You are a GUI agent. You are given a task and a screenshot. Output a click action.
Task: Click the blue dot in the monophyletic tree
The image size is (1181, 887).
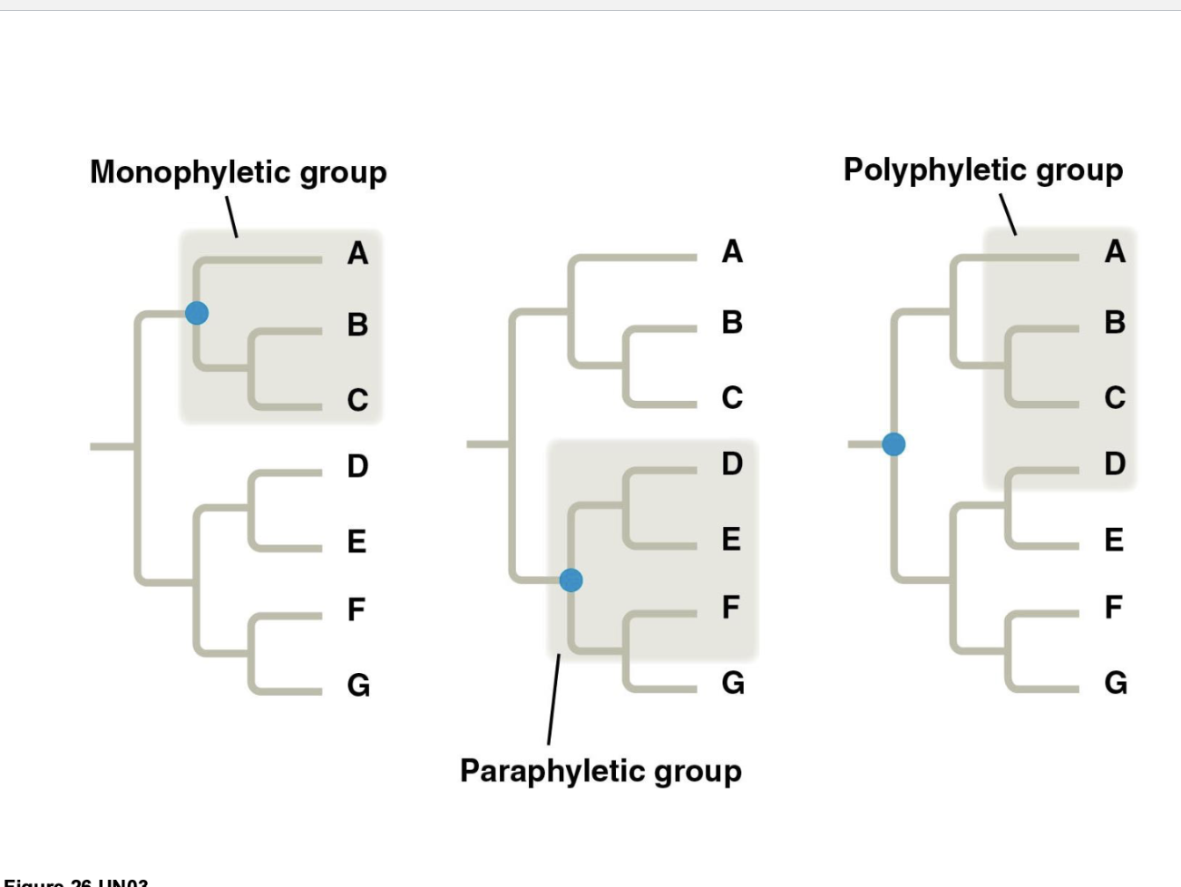tap(197, 313)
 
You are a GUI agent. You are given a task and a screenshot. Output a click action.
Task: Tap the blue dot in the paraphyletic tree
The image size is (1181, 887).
tap(571, 580)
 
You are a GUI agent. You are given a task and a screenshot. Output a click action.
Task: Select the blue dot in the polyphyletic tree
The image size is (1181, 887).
tap(893, 443)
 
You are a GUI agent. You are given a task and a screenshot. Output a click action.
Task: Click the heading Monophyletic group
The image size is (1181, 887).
tap(239, 171)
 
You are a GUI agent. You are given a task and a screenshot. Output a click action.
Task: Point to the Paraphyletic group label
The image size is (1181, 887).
tap(600, 771)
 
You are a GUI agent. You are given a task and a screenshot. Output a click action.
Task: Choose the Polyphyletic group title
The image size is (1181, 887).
tap(983, 170)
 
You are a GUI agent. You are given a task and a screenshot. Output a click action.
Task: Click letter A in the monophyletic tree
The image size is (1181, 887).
tap(357, 253)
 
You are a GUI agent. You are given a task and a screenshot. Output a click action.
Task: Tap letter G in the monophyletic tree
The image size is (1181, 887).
tap(358, 685)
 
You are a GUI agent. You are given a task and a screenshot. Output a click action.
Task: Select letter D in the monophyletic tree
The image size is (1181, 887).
tap(357, 466)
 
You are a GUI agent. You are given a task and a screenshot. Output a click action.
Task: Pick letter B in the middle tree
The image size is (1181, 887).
tap(732, 322)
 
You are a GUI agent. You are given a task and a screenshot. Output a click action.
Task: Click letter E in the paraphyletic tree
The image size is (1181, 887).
tap(731, 539)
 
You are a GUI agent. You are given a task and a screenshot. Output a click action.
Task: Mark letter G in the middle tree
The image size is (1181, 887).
tap(733, 682)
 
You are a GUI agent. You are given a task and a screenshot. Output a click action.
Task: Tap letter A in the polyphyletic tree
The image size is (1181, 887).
tap(1115, 251)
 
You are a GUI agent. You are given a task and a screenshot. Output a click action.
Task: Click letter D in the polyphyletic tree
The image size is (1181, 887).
tap(1115, 463)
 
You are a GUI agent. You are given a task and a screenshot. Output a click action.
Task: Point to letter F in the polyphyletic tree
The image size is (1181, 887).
tap(1114, 606)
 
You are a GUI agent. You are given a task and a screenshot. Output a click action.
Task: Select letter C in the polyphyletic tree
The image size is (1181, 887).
tap(1115, 397)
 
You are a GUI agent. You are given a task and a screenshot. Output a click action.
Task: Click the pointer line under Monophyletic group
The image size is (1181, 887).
tap(231, 217)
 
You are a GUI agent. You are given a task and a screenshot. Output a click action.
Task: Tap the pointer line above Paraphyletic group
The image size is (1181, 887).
tap(553, 699)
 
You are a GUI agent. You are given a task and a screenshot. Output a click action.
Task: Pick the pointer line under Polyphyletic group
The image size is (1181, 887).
tap(1008, 214)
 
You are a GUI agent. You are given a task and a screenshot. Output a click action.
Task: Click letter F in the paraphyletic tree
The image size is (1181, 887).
tap(731, 606)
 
